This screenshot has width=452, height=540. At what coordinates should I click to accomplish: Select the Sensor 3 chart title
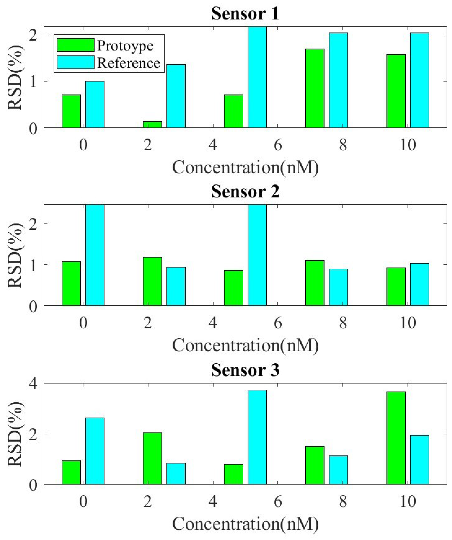point(245,370)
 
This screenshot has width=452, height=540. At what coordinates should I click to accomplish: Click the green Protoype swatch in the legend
point(75,45)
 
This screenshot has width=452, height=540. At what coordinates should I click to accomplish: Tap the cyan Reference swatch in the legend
point(75,62)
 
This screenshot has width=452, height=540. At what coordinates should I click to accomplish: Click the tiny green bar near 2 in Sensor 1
point(152,124)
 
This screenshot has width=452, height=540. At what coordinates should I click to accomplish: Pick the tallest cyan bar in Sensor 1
point(257,77)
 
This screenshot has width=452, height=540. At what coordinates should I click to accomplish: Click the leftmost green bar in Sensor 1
point(71,111)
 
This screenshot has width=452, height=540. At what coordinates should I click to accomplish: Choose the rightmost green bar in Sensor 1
point(396,91)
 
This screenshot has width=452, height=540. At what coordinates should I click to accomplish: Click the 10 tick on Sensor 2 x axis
point(408,323)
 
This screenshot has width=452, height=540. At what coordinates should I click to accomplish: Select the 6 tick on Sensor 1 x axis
point(278,145)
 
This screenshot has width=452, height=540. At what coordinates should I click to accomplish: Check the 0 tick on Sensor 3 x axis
point(83,501)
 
